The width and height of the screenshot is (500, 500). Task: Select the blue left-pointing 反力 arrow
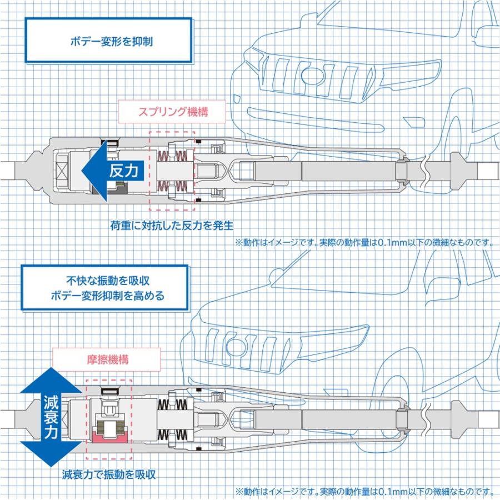[x=111, y=170]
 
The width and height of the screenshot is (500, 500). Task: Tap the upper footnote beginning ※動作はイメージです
[x=364, y=243]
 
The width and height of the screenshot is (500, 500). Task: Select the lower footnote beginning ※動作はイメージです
[x=364, y=491]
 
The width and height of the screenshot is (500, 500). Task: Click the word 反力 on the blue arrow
[x=123, y=170]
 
